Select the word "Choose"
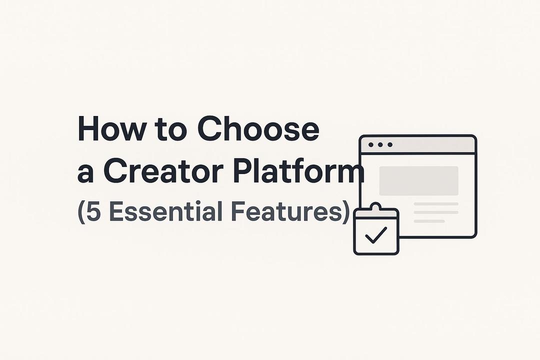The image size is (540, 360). [x=258, y=129]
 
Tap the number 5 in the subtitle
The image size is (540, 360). [x=94, y=211]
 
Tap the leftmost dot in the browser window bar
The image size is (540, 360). [x=371, y=144]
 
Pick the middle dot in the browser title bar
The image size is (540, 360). [x=380, y=144]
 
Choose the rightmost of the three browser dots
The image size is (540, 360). [x=390, y=144]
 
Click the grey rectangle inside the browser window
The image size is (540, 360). [x=418, y=180]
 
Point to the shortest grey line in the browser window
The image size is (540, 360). [x=429, y=220]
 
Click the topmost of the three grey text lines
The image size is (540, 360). [x=435, y=204]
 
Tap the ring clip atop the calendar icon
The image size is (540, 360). [x=375, y=206]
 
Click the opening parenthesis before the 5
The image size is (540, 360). [x=81, y=212]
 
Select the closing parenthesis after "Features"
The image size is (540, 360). [x=344, y=212]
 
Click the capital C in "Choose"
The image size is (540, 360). [x=208, y=129]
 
